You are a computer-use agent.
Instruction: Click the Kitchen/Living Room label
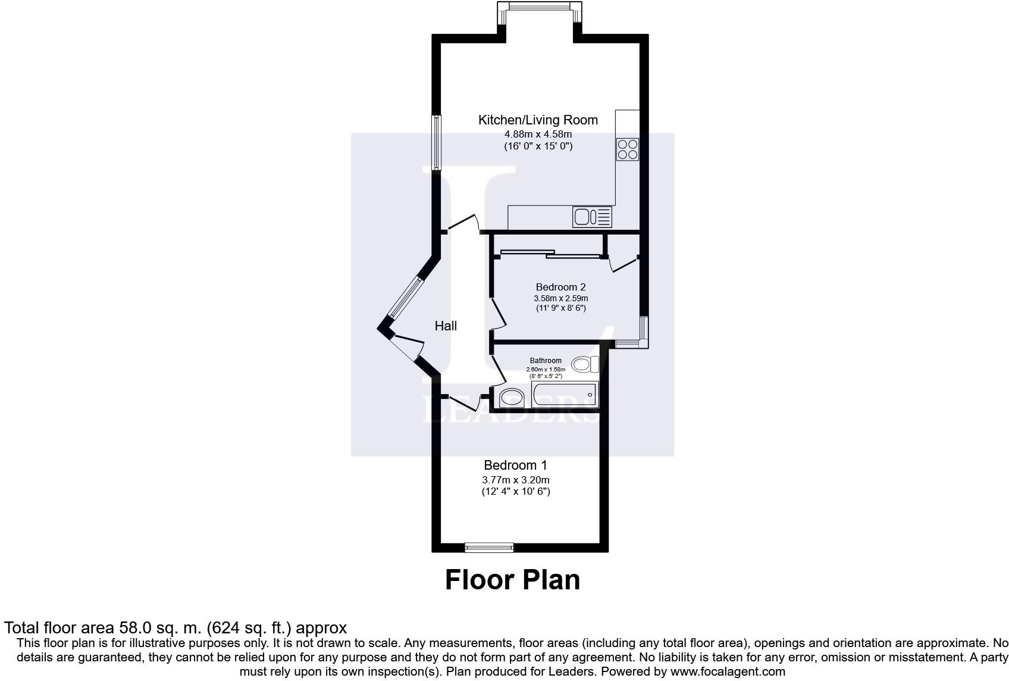tap(538, 120)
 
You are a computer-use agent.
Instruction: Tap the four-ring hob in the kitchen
tap(628, 149)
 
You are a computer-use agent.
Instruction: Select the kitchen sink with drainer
tap(592, 217)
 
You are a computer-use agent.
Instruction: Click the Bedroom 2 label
tap(560, 287)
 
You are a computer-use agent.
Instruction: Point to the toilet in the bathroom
tap(586, 363)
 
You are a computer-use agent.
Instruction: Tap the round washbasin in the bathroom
tap(512, 397)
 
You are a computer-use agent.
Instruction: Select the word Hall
tap(446, 326)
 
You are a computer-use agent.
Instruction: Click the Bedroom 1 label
tap(515, 465)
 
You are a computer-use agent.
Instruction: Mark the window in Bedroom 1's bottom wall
tap(489, 548)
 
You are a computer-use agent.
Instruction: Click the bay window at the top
tap(538, 6)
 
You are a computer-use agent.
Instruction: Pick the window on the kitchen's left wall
tap(437, 142)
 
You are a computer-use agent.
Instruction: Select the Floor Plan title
tap(512, 580)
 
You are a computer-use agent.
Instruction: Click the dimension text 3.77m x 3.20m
tap(515, 480)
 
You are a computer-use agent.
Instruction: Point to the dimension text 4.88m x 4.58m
tap(538, 135)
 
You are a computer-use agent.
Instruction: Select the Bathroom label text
tap(546, 361)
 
